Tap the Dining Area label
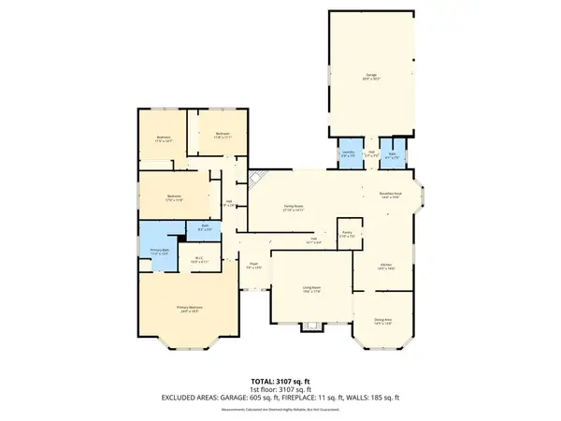(x=382, y=321)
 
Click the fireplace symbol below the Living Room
(x=310, y=327)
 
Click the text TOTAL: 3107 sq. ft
(x=280, y=381)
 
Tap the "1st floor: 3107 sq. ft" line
(x=280, y=388)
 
